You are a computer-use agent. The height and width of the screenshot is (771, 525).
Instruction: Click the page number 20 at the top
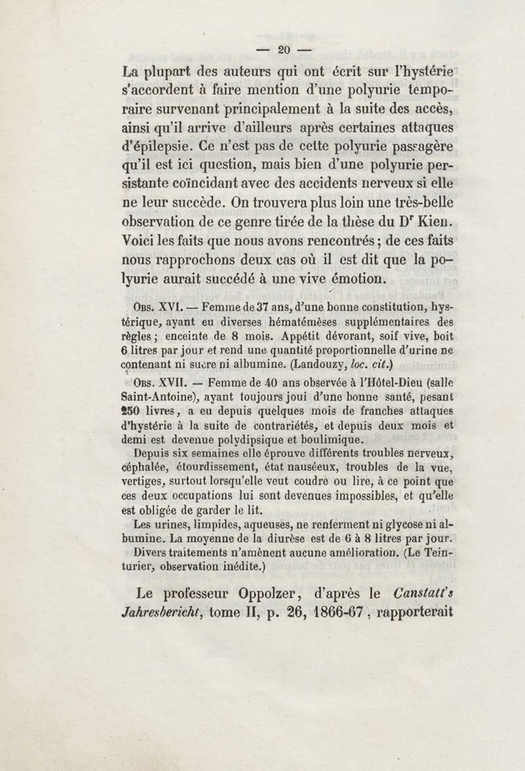click(284, 49)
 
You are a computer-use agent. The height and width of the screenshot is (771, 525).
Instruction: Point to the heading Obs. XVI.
click(155, 306)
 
